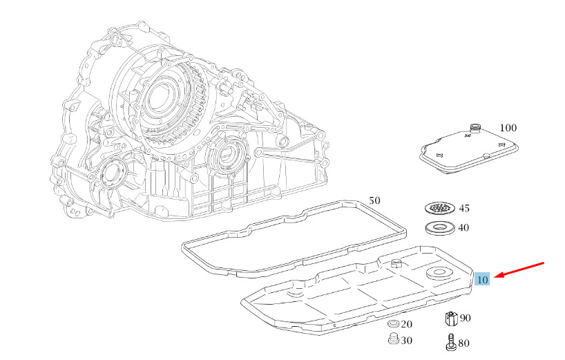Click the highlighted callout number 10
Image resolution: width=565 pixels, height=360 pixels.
pyautogui.click(x=482, y=279)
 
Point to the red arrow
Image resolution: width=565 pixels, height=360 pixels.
pyautogui.click(x=519, y=270)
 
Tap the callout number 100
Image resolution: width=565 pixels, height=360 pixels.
pyautogui.click(x=508, y=128)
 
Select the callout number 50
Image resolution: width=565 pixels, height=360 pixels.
pyautogui.click(x=375, y=200)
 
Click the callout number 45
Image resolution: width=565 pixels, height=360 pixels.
pyautogui.click(x=464, y=208)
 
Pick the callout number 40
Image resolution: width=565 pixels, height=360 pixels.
pyautogui.click(x=463, y=228)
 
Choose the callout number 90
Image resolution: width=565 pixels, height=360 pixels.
pyautogui.click(x=465, y=318)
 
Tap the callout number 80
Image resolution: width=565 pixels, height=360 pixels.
pyautogui.click(x=463, y=343)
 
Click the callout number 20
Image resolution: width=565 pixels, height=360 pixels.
pyautogui.click(x=406, y=324)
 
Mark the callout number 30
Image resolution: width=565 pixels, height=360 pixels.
pyautogui.click(x=406, y=341)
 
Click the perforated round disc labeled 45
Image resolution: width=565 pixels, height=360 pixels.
pyautogui.click(x=439, y=208)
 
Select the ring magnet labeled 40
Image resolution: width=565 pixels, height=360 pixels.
pyautogui.click(x=439, y=228)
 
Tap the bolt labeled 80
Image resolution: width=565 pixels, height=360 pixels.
pyautogui.click(x=450, y=342)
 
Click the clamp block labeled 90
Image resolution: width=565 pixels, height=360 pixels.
pyautogui.click(x=451, y=319)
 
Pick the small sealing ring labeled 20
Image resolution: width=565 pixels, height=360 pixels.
pyautogui.click(x=393, y=323)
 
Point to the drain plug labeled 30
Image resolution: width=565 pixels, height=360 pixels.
pyautogui.click(x=394, y=339)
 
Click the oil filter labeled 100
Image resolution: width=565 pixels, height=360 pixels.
pyautogui.click(x=469, y=149)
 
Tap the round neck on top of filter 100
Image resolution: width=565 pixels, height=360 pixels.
pyautogui.click(x=476, y=128)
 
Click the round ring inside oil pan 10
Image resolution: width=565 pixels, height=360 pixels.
pyautogui.click(x=439, y=273)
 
